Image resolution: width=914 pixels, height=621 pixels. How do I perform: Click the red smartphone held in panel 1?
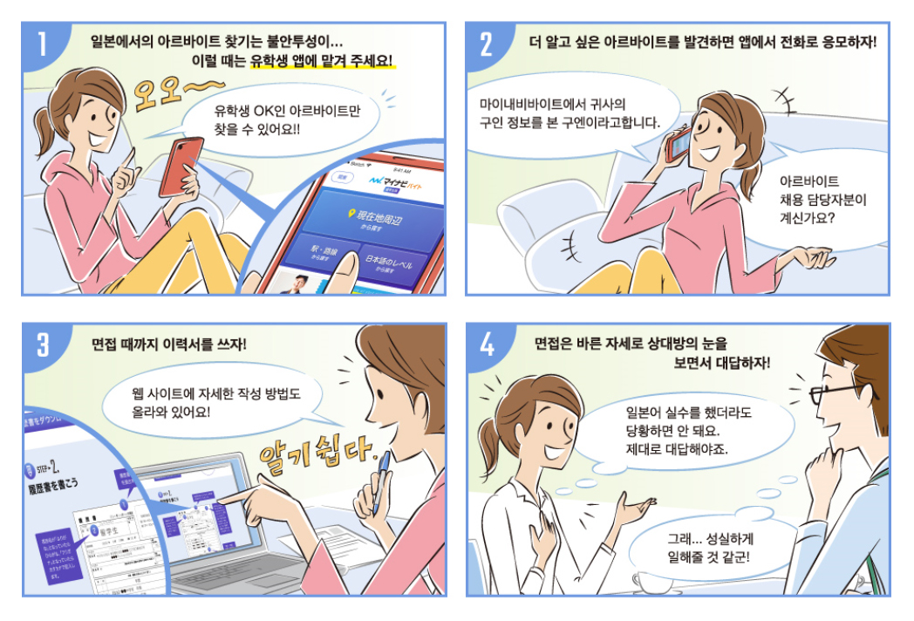181,165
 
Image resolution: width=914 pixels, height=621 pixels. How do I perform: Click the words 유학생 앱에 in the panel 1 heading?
282,63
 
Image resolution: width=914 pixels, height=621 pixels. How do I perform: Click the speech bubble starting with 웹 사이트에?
209,400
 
